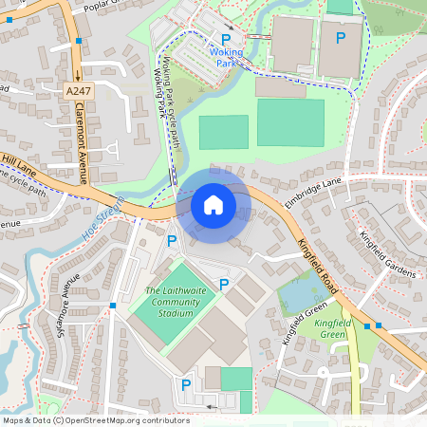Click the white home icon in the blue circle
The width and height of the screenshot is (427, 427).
coord(213,204)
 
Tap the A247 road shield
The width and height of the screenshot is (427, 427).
coord(80,90)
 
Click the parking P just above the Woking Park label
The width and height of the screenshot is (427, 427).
coord(226,38)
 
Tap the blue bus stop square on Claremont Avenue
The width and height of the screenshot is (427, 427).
coord(79,42)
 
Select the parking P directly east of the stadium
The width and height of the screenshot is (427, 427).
coord(224,284)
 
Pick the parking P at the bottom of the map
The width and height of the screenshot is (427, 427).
coord(186,384)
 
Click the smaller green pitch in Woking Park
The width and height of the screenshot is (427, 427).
coord(223,132)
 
